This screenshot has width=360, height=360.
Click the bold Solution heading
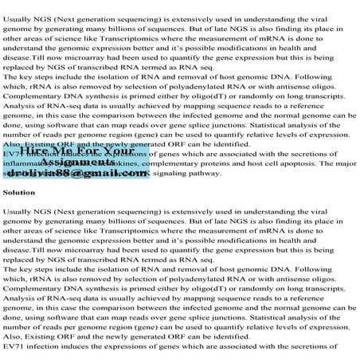coord(18,193)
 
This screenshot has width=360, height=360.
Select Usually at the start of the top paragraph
coord(18,6)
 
